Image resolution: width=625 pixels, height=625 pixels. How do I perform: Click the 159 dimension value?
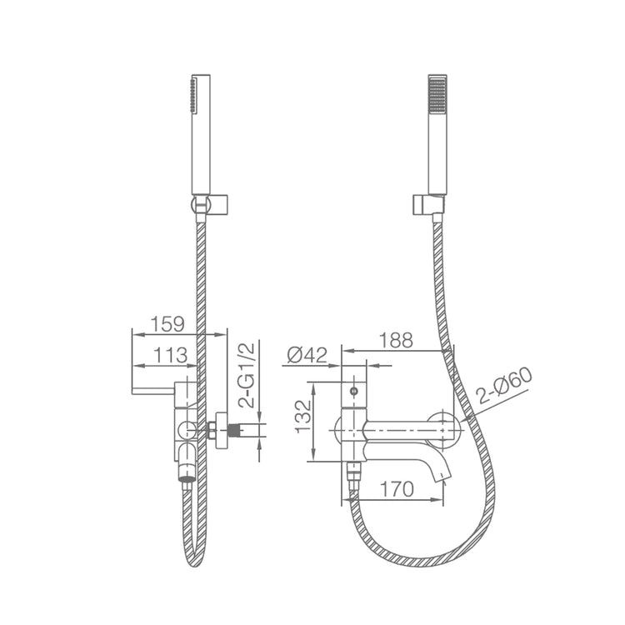[x=167, y=324]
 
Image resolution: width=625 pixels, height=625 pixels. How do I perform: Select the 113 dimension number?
[x=170, y=356]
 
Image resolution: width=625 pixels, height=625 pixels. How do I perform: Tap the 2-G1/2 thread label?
[x=247, y=375]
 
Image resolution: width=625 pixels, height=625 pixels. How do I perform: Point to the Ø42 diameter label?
[x=307, y=355]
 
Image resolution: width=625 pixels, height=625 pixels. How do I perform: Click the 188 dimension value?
[x=396, y=340]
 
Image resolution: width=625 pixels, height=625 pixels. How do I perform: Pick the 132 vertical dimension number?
[x=303, y=417]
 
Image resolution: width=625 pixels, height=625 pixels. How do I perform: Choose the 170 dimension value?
[x=397, y=489]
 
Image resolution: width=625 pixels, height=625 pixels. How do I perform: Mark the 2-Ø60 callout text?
[x=505, y=386]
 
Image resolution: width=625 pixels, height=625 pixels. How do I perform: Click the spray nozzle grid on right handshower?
[x=437, y=94]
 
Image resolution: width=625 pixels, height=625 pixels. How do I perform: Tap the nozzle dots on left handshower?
[x=193, y=95]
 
